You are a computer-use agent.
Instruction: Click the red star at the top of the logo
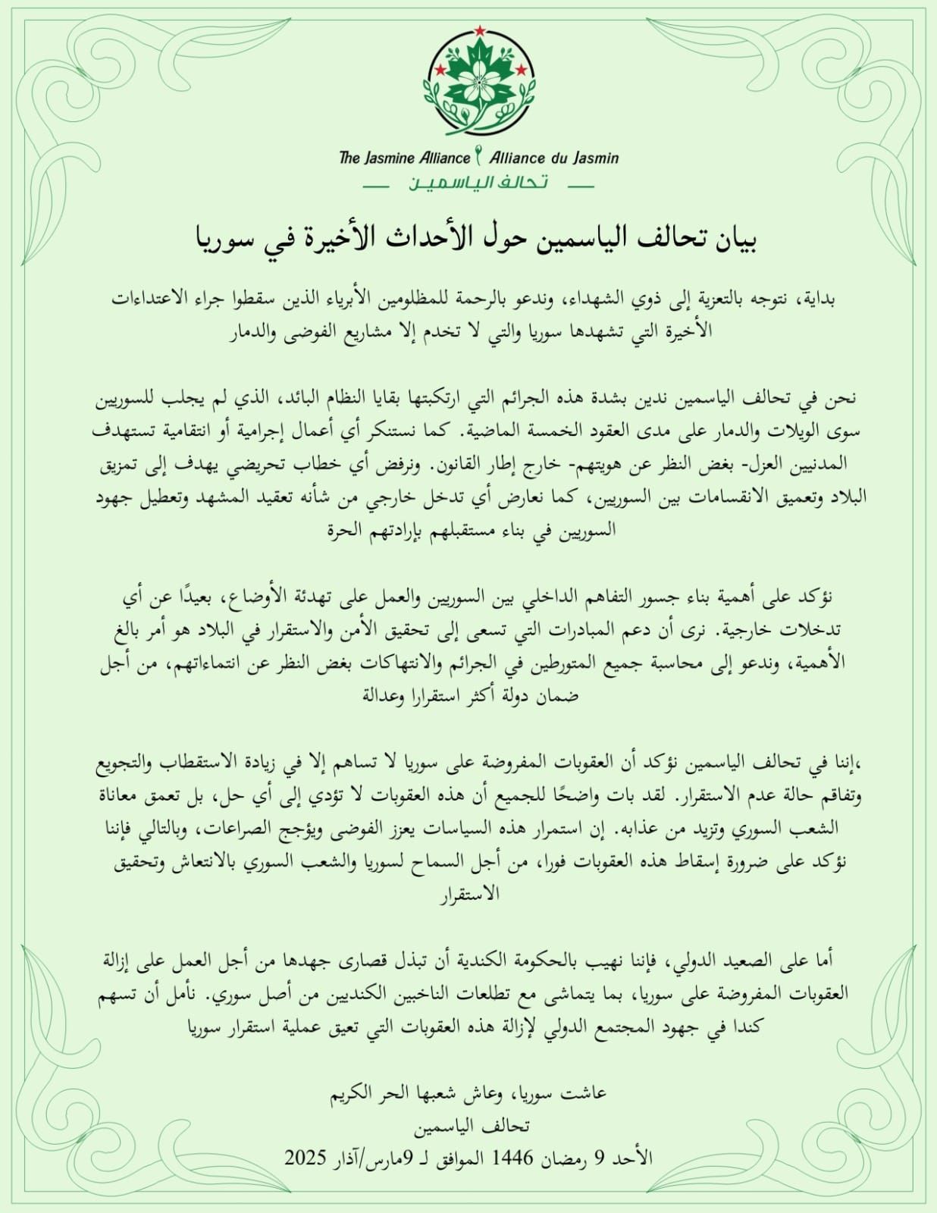(x=479, y=30)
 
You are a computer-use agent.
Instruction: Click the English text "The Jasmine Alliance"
(x=405, y=158)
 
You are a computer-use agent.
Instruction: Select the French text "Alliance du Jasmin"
(x=553, y=158)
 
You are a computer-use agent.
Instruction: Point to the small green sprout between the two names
(x=478, y=155)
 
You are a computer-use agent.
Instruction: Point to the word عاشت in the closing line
(x=585, y=1093)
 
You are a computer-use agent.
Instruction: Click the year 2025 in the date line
(x=306, y=1158)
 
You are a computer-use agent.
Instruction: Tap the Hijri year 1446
(x=515, y=1158)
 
